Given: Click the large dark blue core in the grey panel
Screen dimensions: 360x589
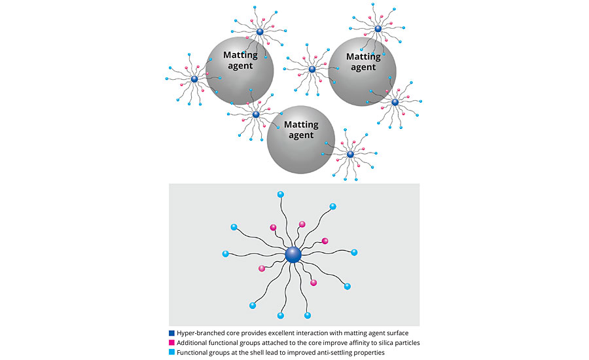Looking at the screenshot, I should pyautogui.click(x=293, y=254).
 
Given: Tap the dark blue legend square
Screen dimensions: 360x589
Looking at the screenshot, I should pyautogui.click(x=171, y=333).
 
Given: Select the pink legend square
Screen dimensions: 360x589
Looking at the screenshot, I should pyautogui.click(x=171, y=342).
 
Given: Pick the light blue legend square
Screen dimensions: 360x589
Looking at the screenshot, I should pyautogui.click(x=171, y=352).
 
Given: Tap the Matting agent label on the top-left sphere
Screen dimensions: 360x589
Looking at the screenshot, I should pyautogui.click(x=240, y=60).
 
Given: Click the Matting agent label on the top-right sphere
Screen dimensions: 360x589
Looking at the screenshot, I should pyautogui.click(x=363, y=62).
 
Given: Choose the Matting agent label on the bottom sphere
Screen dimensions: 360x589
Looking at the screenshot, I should pyautogui.click(x=301, y=130).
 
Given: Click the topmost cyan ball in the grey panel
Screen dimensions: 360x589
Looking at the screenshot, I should pyautogui.click(x=281, y=194).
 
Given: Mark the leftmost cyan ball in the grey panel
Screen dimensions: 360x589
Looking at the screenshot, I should pyautogui.click(x=226, y=253).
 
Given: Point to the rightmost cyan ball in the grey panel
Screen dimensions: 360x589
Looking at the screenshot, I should pyautogui.click(x=354, y=252).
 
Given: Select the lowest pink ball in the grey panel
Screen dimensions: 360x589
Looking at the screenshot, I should pyautogui.click(x=313, y=283).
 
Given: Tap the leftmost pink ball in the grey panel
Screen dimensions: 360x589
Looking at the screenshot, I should pyautogui.click(x=262, y=268).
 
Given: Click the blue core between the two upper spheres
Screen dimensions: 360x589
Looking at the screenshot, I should pyautogui.click(x=312, y=69).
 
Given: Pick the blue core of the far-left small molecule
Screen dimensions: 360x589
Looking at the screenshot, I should pyautogui.click(x=194, y=79).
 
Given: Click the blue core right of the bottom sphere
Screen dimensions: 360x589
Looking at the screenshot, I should pyautogui.click(x=350, y=154).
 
